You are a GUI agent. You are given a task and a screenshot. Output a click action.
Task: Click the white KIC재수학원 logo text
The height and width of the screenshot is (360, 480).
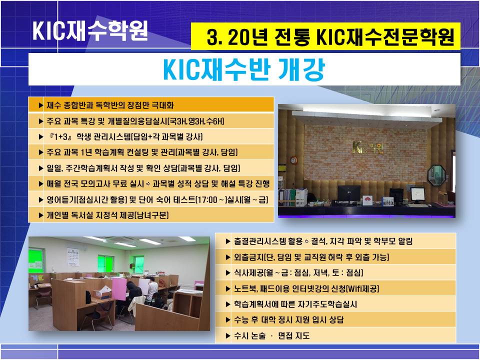pos(90,30)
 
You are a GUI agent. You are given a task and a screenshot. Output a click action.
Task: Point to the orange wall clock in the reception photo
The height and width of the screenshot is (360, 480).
pos(293,160)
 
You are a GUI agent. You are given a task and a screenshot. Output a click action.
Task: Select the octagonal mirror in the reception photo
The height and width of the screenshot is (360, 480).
pos(436,175)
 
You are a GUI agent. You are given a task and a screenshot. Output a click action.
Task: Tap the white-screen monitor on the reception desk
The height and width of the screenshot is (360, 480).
pos(417,194)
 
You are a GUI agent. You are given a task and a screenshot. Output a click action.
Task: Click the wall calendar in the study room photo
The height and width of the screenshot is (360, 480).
pos(73,257)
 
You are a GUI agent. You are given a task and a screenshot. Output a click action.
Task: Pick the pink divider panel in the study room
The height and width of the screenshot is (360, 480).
pos(119,289)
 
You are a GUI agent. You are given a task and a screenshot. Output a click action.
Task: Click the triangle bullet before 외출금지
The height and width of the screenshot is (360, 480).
pos(227,257)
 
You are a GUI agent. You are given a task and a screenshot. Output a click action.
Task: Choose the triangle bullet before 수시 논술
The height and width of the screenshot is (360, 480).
pos(227,336)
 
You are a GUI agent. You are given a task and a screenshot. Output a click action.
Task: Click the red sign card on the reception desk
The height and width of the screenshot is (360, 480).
pos(367,200)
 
